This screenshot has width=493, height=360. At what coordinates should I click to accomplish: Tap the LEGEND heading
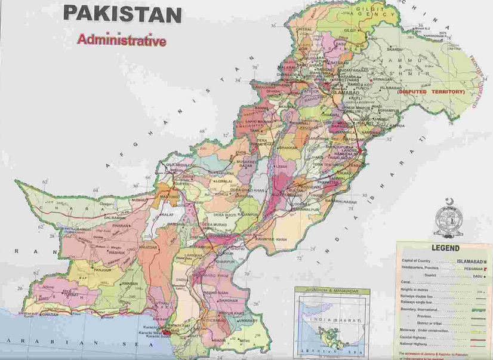coord(442,247)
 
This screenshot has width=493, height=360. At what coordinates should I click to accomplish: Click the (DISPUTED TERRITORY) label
coord(429,91)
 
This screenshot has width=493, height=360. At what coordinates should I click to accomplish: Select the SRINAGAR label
coord(383,79)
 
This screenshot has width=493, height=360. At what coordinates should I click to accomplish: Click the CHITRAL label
coord(304,28)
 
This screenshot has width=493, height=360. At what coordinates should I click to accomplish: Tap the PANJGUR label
coord(87,269)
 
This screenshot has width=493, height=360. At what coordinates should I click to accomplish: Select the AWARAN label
coord(129,284)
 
